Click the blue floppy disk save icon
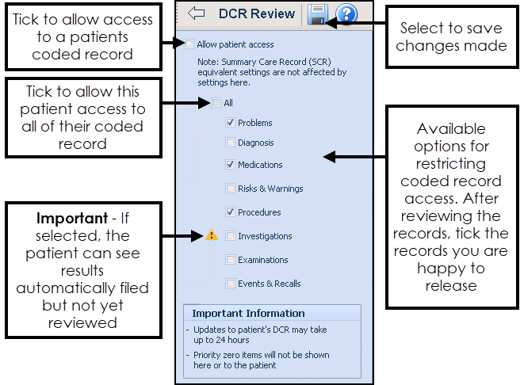(x=318, y=13)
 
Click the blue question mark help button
(x=346, y=13)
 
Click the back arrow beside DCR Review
(x=196, y=13)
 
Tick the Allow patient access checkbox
(x=189, y=44)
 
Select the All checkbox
(x=216, y=102)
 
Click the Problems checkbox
(x=230, y=123)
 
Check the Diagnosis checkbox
(x=230, y=143)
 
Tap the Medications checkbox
(x=230, y=165)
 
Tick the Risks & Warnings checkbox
(x=230, y=189)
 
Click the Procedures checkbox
(x=230, y=212)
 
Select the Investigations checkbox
(x=230, y=236)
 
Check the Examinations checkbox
(x=230, y=260)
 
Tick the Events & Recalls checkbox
(x=230, y=284)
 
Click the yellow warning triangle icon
(x=212, y=235)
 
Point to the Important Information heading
(x=248, y=313)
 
